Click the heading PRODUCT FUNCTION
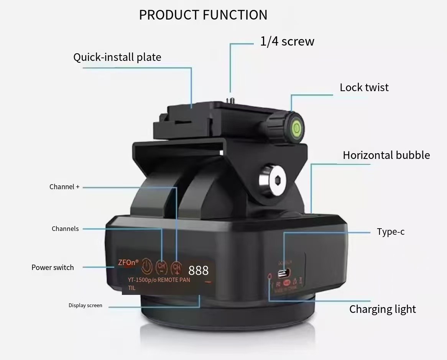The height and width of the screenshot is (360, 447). coord(203,15)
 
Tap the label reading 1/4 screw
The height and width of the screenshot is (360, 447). coord(287,41)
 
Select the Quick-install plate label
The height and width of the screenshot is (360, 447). coord(117,57)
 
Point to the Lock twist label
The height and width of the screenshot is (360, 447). coord(364,88)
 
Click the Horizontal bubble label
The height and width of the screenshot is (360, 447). coord(386,155)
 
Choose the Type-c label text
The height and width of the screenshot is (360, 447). coord(390,232)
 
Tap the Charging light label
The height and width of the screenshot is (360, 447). coord(382,309)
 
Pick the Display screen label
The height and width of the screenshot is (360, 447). coord(85,306)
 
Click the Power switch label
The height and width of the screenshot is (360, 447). coord(53,268)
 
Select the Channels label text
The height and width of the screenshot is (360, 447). coord(65,229)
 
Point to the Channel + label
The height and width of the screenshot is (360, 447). coord(64,187)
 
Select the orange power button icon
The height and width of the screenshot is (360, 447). coord(147,266)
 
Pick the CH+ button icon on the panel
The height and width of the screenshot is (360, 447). coord(176,267)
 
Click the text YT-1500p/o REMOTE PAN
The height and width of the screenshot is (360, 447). coord(159,280)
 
